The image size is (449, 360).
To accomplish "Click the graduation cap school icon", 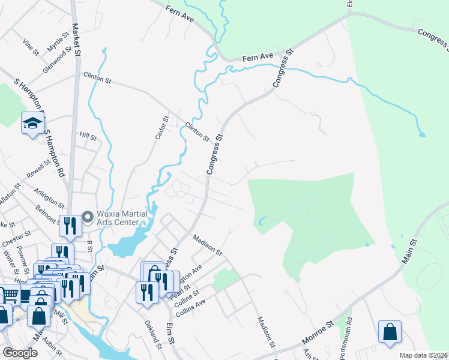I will coord(32,124).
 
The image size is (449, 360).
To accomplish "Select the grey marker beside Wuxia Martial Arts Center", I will coord(87,215).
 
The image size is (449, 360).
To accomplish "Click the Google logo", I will coord(20,353).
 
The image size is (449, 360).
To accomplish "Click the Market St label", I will coord(76,37).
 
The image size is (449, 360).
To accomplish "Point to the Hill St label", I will coord(88,137).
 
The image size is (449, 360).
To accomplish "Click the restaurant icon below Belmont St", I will coord(70,224).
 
